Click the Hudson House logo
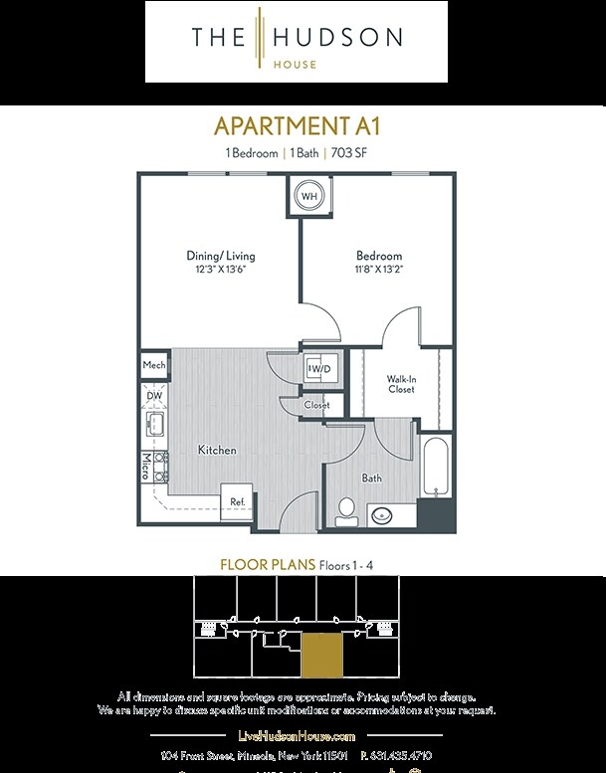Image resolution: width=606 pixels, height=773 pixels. [297, 41]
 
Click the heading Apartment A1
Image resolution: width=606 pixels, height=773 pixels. [298, 126]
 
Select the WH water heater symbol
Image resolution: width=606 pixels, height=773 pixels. [309, 196]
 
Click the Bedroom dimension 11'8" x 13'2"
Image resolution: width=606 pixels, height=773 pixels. [378, 269]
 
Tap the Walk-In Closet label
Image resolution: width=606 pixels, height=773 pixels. [401, 384]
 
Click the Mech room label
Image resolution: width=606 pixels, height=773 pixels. [153, 365]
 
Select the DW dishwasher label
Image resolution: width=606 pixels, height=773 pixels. [154, 396]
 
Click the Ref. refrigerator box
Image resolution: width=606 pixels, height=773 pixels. [238, 501]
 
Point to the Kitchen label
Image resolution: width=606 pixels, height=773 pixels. [217, 451]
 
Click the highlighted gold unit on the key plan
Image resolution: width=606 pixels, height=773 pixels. [321, 655]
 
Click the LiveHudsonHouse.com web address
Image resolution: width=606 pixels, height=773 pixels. [298, 735]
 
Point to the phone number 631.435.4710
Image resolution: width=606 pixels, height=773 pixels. [397, 756]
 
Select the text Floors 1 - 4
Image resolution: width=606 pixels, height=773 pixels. [346, 565]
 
